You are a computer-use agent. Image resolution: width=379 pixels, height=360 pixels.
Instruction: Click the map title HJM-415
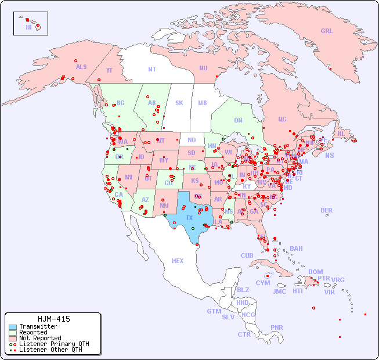(x=53, y=319)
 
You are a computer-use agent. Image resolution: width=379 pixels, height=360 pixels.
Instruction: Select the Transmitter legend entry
(x=38, y=326)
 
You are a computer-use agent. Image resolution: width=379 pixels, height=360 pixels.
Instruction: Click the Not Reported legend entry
(x=39, y=338)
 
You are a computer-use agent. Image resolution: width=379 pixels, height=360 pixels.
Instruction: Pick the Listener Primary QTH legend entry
(x=53, y=344)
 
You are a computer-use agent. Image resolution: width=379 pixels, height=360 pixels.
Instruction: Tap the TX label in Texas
(x=189, y=218)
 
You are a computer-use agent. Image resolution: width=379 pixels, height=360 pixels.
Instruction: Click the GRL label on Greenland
(x=327, y=31)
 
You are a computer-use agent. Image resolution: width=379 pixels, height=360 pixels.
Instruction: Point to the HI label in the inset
(x=28, y=27)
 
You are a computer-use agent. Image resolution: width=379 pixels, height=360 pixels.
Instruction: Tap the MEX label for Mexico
(x=178, y=261)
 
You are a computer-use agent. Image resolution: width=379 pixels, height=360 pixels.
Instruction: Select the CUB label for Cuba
(x=247, y=255)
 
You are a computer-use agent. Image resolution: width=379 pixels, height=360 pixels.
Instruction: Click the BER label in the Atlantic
(x=326, y=210)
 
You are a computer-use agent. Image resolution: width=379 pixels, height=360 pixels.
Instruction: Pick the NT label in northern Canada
(x=152, y=69)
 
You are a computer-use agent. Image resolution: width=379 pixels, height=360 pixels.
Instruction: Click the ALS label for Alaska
(x=81, y=67)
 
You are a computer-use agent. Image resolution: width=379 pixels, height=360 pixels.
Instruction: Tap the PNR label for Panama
(x=277, y=327)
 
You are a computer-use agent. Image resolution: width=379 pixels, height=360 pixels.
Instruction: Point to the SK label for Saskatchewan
(x=179, y=103)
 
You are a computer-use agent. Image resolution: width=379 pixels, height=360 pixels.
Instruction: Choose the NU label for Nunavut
(x=203, y=68)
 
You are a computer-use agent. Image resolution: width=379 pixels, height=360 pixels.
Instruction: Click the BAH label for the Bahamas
(x=296, y=249)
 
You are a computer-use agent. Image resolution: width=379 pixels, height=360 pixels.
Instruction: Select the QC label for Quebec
(x=282, y=119)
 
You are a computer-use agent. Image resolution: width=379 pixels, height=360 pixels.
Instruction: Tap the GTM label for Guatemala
(x=214, y=311)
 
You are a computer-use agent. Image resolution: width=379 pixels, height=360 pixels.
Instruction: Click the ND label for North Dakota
(x=192, y=140)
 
